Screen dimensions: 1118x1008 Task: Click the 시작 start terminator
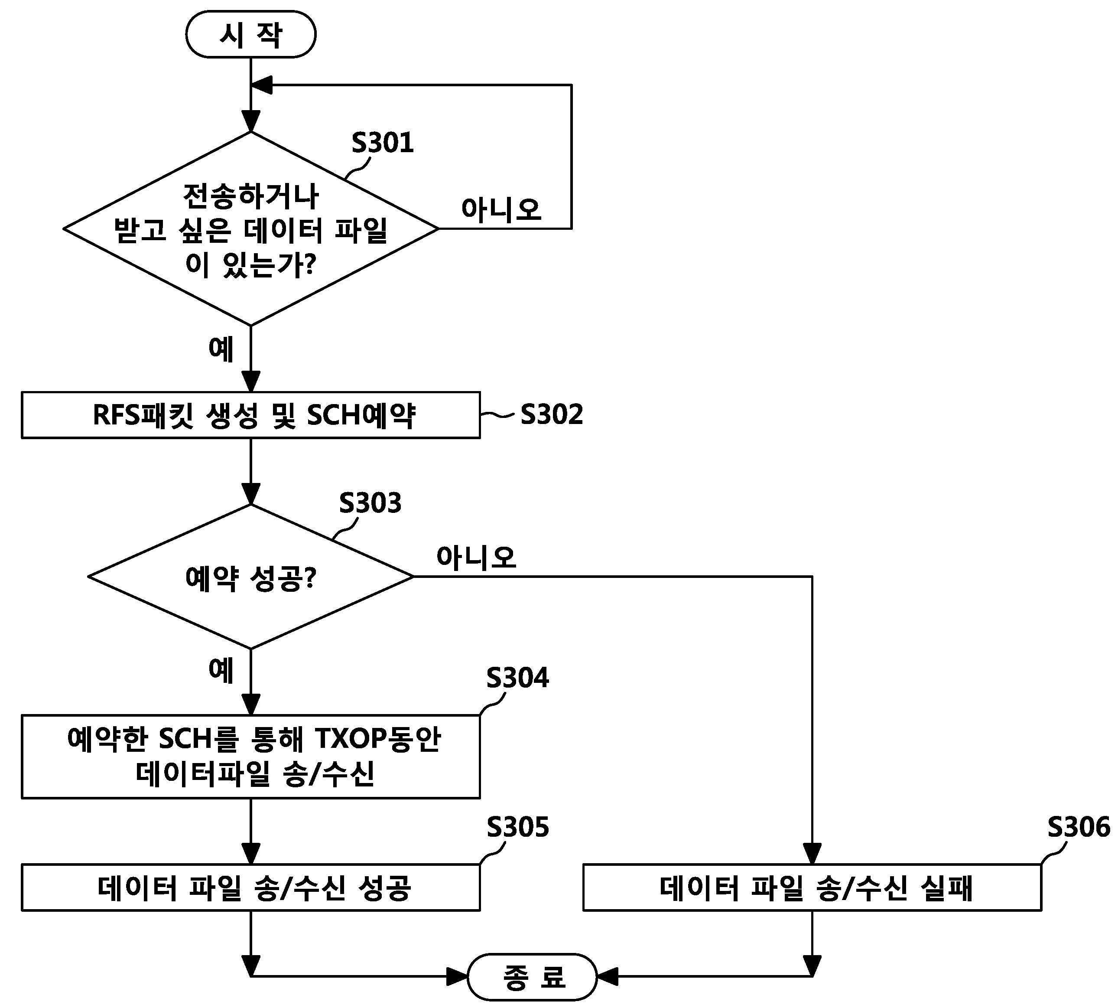(251, 34)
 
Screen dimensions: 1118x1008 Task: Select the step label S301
(383, 143)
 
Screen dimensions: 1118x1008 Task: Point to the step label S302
(552, 414)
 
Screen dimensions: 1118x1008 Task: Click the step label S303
(370, 503)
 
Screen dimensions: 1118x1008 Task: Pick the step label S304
(517, 677)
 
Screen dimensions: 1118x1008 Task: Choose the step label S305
(517, 827)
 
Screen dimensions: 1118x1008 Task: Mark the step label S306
(1079, 827)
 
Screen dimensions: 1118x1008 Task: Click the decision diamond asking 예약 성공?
(251, 577)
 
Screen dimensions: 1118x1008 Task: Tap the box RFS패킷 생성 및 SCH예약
(251, 415)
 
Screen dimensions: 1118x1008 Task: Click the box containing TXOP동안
(251, 757)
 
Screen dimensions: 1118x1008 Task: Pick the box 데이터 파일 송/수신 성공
(251, 887)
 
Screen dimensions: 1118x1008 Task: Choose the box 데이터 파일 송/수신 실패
(812, 887)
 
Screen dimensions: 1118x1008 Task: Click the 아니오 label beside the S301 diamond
(501, 209)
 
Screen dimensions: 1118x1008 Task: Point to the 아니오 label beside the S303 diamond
(476, 557)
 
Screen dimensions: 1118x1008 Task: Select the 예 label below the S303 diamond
(221, 670)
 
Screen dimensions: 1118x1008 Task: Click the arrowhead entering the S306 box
(812, 854)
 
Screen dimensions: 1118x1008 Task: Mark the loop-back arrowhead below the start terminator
(261, 85)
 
